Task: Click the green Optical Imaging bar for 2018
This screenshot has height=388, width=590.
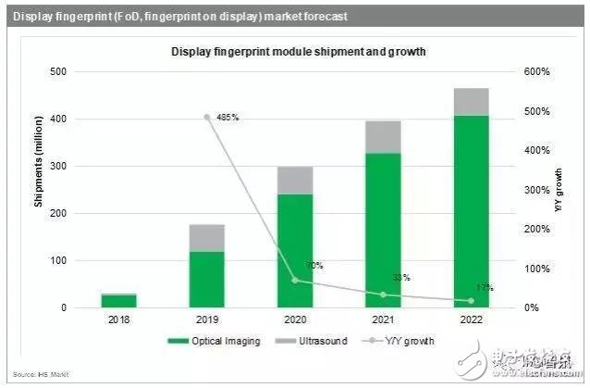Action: (119, 301)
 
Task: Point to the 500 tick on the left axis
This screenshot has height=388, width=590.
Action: (57, 72)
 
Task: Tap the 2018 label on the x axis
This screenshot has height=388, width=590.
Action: (119, 320)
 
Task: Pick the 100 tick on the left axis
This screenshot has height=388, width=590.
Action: (57, 261)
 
